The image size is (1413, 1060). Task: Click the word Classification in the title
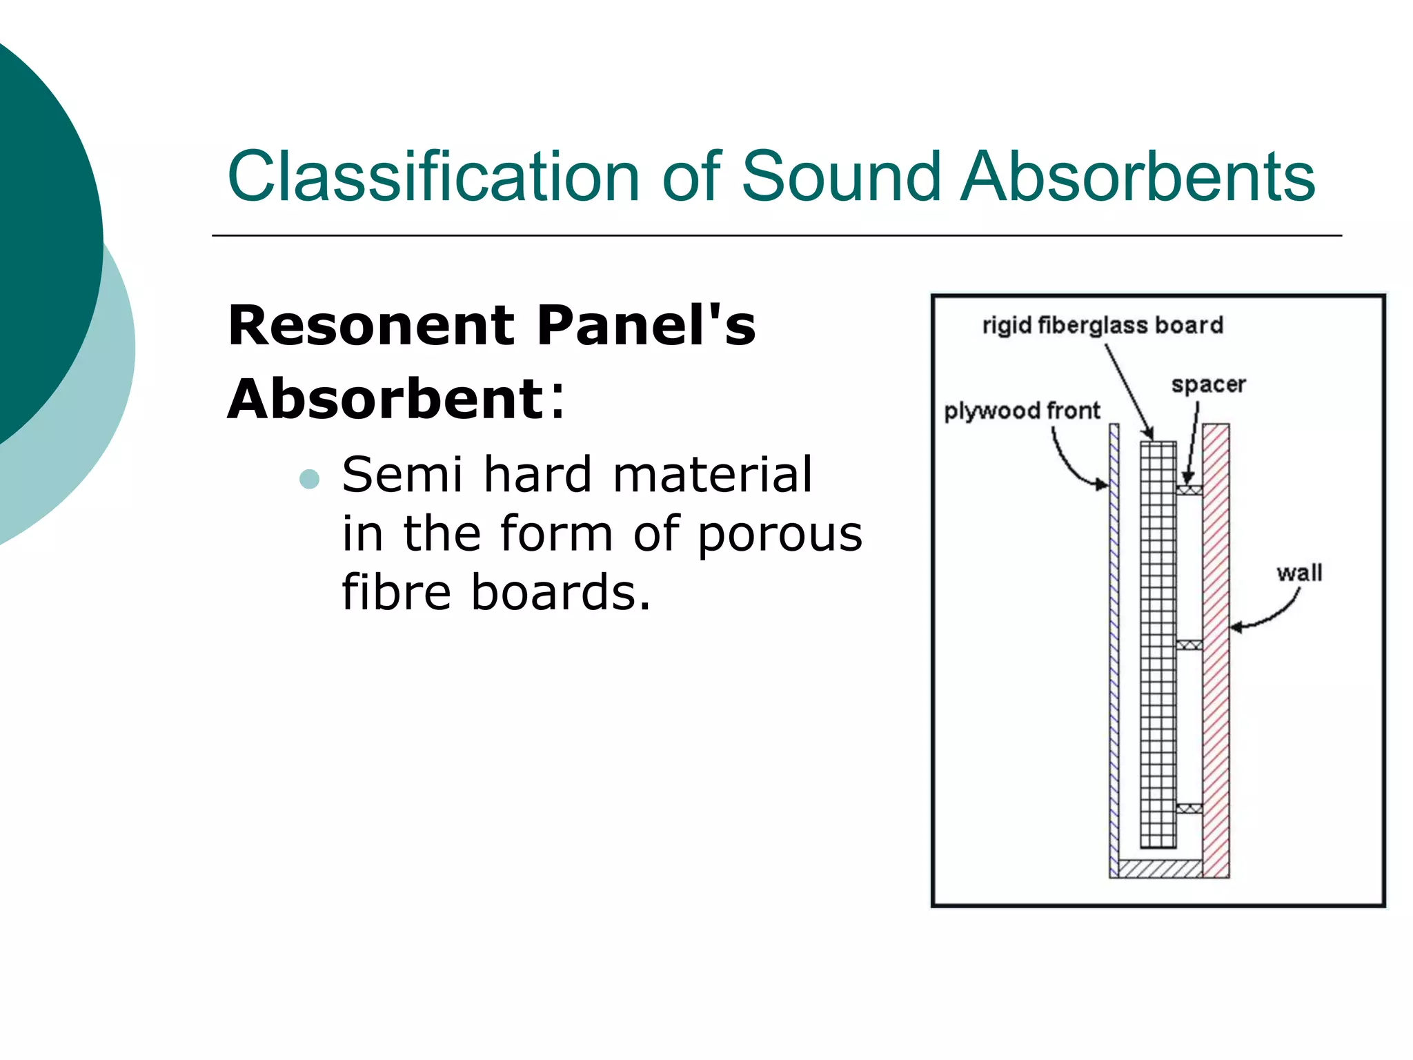tap(433, 177)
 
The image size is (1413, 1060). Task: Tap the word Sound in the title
tap(840, 177)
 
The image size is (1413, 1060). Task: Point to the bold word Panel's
tap(646, 325)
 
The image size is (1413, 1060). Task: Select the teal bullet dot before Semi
tap(310, 479)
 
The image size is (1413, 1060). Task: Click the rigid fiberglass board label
tap(1102, 325)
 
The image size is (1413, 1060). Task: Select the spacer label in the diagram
tap(1208, 384)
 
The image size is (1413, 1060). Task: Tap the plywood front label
tap(1021, 411)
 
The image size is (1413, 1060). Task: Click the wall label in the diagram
tap(1298, 573)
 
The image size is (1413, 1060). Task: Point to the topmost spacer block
tap(1189, 490)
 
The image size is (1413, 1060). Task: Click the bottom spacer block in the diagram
tap(1189, 808)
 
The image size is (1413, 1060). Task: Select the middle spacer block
tap(1189, 645)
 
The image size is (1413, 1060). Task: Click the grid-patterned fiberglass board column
tap(1158, 642)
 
